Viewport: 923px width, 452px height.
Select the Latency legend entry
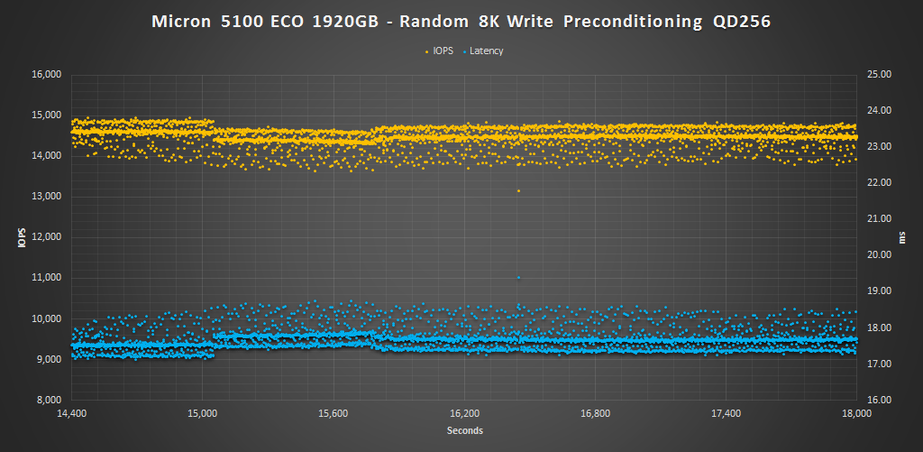pyautogui.click(x=486, y=51)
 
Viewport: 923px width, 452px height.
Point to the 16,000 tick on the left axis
pyautogui.click(x=46, y=75)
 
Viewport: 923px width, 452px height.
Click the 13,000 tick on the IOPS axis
pyautogui.click(x=46, y=197)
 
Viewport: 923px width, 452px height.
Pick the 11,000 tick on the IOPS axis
pyautogui.click(x=46, y=278)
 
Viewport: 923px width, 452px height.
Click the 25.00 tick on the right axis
pyautogui.click(x=878, y=75)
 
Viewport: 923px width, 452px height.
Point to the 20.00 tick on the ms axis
pyautogui.click(x=878, y=255)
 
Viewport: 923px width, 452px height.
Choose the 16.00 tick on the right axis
pyautogui.click(x=878, y=400)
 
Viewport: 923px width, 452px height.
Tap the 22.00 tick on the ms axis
pyautogui.click(x=878, y=183)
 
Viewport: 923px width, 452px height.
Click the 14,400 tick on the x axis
pyautogui.click(x=71, y=414)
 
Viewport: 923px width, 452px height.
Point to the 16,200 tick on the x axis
pyautogui.click(x=463, y=414)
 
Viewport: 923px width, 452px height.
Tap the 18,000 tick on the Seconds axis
pyautogui.click(x=855, y=414)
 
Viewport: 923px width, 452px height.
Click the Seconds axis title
pyautogui.click(x=464, y=431)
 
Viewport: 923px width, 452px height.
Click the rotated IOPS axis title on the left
pyautogui.click(x=20, y=237)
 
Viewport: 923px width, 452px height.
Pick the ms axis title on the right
pyautogui.click(x=903, y=237)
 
